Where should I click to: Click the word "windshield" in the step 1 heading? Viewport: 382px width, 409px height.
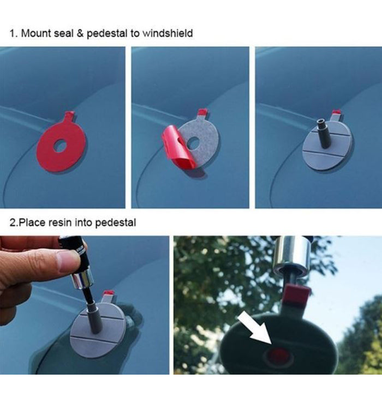[x=168, y=33]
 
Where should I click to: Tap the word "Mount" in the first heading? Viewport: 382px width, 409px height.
[x=34, y=33]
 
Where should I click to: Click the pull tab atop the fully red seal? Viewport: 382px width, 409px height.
[x=69, y=116]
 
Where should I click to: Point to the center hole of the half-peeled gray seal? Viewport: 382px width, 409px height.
[x=193, y=143]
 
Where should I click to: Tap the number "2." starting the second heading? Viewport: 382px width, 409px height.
[x=14, y=222]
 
